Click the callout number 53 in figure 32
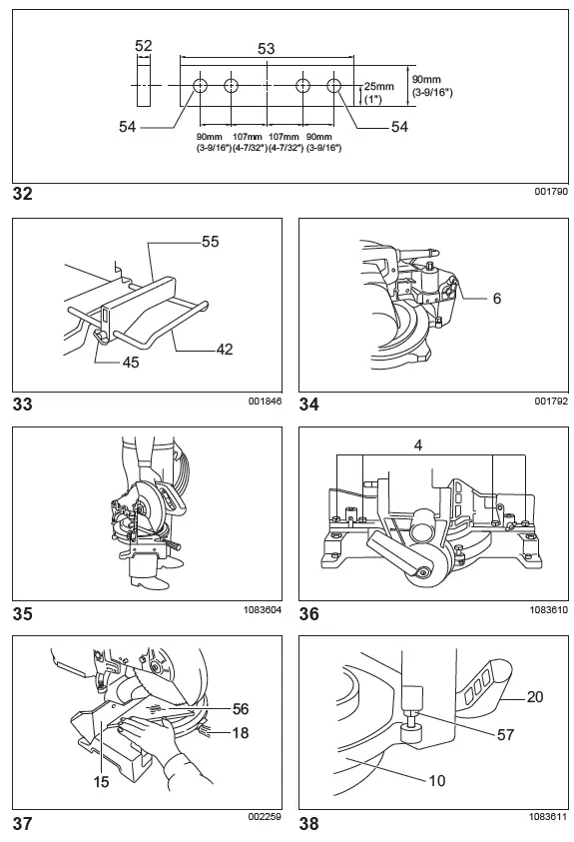coord(267,47)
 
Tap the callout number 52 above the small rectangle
coord(143,46)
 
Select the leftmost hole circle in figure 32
coord(201,86)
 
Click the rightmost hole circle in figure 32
coord(333,86)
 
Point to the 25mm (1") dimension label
coord(379,92)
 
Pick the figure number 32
coord(23,193)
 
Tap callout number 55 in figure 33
coord(209,242)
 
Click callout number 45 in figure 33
coord(130,363)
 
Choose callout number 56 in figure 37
coord(239,708)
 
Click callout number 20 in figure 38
coord(534,697)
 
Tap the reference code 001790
coord(550,192)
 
